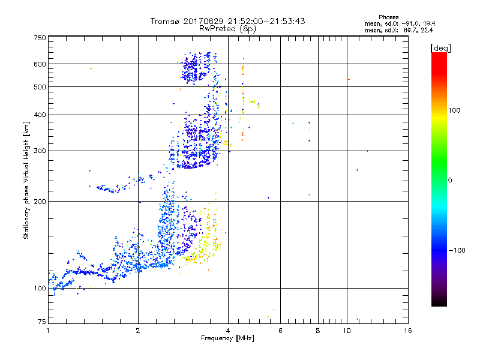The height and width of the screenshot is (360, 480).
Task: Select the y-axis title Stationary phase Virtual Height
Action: [x=26, y=180]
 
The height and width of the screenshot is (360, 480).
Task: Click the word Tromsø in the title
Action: [x=166, y=21]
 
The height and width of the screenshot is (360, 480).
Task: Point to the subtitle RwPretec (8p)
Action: [x=227, y=28]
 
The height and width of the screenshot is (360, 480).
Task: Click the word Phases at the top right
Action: [x=389, y=17]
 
